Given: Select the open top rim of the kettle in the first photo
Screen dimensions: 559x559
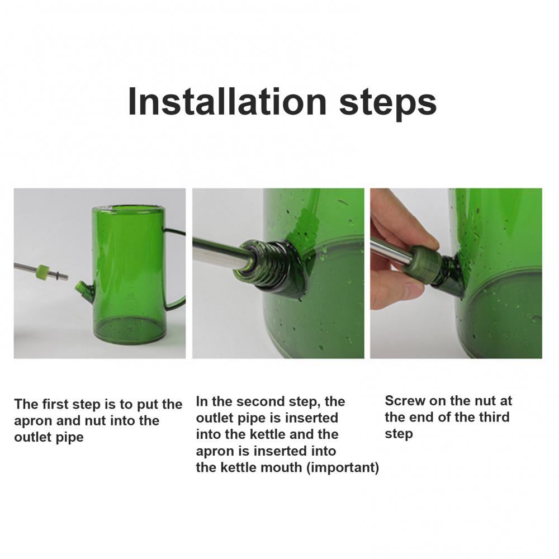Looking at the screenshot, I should [129, 209].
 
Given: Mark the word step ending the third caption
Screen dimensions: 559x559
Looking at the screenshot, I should [399, 434].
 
